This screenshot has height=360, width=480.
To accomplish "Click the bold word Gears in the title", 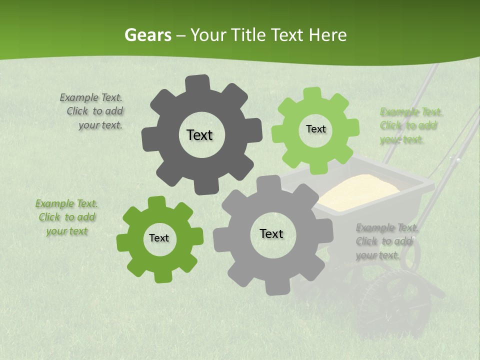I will click(x=147, y=35).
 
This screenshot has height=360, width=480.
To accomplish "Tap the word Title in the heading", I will click(x=249, y=35).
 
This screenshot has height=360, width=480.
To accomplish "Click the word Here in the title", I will click(x=327, y=35).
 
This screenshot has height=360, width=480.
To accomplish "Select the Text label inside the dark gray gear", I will click(x=199, y=135).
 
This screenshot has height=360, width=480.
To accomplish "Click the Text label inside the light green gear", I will click(x=315, y=129).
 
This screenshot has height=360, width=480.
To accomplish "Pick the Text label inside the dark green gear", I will click(x=159, y=238).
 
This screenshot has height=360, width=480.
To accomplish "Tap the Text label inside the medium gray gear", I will click(x=271, y=233).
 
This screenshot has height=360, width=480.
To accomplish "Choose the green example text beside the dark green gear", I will click(x=66, y=217).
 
